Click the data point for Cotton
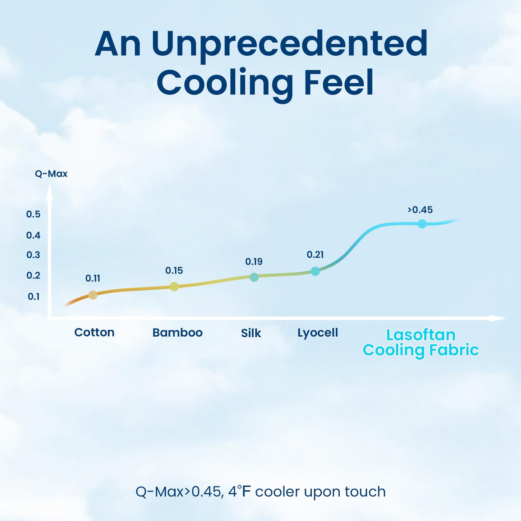(93, 295)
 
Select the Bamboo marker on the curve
(174, 287)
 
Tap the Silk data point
(254, 277)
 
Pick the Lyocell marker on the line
(315, 271)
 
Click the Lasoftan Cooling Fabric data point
(422, 224)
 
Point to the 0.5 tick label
(33, 214)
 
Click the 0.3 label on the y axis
(33, 255)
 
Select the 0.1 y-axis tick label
(34, 297)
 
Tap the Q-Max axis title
(51, 174)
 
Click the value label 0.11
(93, 278)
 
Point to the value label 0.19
(254, 262)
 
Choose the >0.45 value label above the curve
(420, 210)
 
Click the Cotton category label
(95, 333)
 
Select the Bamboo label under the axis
(178, 333)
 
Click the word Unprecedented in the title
(290, 44)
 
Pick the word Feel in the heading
(339, 82)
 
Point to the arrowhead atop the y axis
(49, 192)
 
